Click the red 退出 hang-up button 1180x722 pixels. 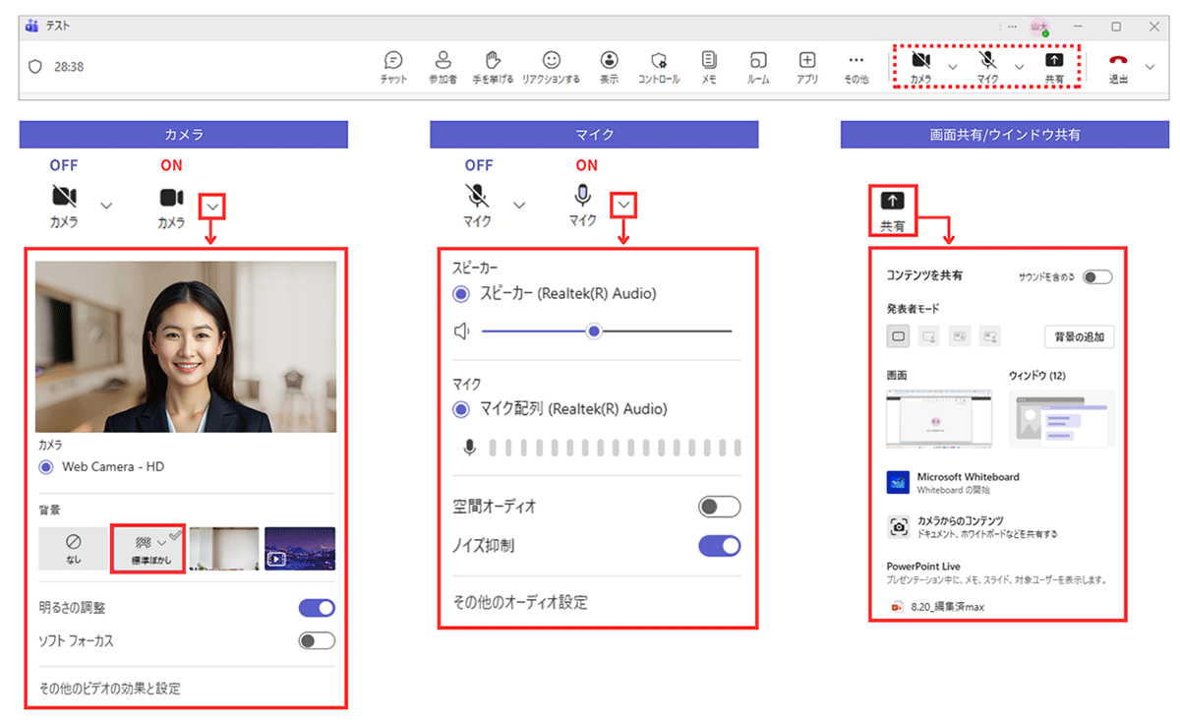pos(1118,61)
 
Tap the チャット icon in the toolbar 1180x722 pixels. pos(393,60)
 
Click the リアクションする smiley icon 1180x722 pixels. pos(551,60)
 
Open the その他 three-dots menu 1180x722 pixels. pos(856,60)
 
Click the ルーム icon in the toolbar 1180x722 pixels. pos(758,60)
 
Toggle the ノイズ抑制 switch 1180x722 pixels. pos(719,545)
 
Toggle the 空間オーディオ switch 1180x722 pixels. pos(719,507)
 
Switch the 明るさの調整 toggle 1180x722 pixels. pos(317,608)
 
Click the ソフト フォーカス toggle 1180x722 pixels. pos(317,641)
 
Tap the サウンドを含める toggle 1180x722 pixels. pos(1097,277)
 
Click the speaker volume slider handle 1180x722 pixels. pos(594,331)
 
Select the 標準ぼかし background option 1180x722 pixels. pos(148,548)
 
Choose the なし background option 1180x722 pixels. pos(74,548)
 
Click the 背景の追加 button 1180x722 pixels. pos(1079,337)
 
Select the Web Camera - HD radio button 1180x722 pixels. pos(46,467)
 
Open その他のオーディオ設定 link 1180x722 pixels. pos(520,602)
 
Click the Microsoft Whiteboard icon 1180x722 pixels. pos(898,482)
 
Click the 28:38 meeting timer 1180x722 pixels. pos(69,67)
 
